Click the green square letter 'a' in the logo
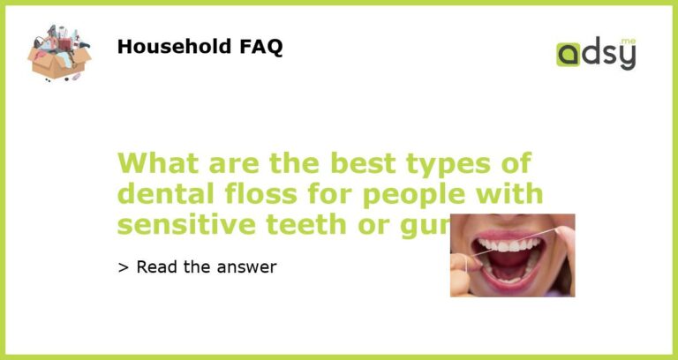(x=569, y=55)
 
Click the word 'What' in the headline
(x=154, y=164)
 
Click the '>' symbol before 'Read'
(x=123, y=266)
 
